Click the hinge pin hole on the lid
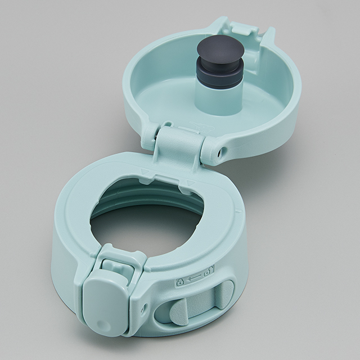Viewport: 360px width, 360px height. pos(221,150)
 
